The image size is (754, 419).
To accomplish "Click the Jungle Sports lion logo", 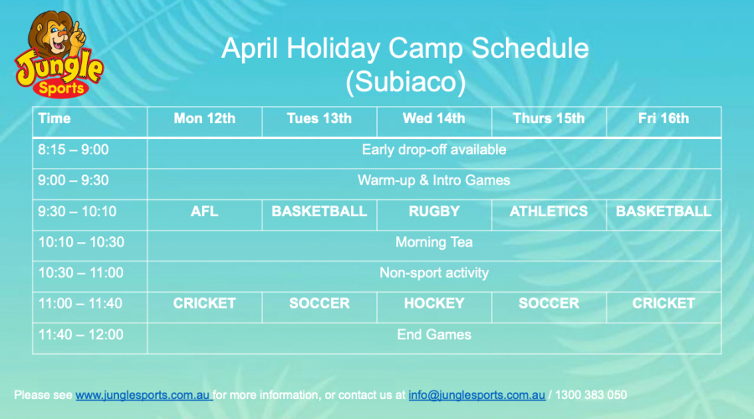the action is [59, 54].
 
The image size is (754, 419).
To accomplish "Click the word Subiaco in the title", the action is [405, 81].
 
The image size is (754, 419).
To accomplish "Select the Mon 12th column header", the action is [204, 118].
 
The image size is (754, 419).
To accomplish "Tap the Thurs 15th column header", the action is [549, 118].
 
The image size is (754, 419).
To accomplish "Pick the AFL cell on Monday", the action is [204, 211].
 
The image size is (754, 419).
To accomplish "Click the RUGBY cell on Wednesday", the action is [434, 211].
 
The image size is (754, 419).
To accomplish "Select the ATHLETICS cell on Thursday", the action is [549, 211].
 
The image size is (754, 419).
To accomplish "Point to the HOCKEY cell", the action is [434, 303].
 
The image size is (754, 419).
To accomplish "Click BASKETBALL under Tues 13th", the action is [319, 211].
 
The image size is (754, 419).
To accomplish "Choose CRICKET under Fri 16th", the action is [664, 303].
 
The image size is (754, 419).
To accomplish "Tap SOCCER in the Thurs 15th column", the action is [549, 303].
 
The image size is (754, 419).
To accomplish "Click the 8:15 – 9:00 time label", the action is [73, 150].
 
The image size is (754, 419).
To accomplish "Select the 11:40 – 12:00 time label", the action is [80, 334].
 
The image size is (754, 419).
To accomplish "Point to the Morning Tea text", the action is [434, 242].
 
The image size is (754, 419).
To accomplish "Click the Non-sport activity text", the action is [434, 272].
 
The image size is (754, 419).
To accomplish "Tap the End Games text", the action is [434, 334].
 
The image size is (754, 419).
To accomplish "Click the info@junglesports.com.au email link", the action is [477, 395].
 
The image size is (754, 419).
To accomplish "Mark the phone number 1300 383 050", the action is [591, 395].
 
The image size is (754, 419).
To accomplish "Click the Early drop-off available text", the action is [434, 150].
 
